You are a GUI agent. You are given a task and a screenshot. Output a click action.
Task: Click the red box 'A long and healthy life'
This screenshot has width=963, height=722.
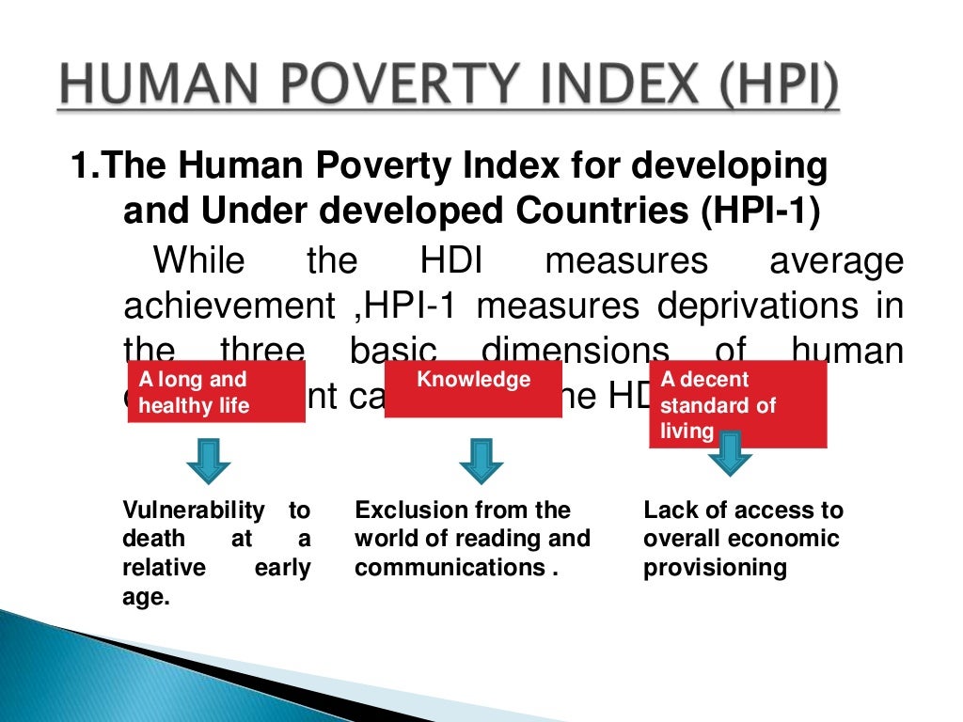[x=216, y=394]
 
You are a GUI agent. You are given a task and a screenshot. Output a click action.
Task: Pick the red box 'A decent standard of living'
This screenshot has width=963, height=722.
[x=737, y=404]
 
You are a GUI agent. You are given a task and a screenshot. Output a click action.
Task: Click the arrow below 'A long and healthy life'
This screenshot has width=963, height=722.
[x=209, y=460]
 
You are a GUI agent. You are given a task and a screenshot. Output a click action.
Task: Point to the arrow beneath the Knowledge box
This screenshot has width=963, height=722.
[x=481, y=460]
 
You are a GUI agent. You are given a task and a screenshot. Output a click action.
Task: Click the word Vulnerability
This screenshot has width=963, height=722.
[x=194, y=510]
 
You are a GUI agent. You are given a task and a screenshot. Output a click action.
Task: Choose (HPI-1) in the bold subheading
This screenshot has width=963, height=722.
[x=759, y=210]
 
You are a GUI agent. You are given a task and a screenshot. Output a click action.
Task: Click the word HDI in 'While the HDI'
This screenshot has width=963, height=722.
[x=452, y=260]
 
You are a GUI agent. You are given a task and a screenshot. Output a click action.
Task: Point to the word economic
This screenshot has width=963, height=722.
[x=784, y=539]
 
